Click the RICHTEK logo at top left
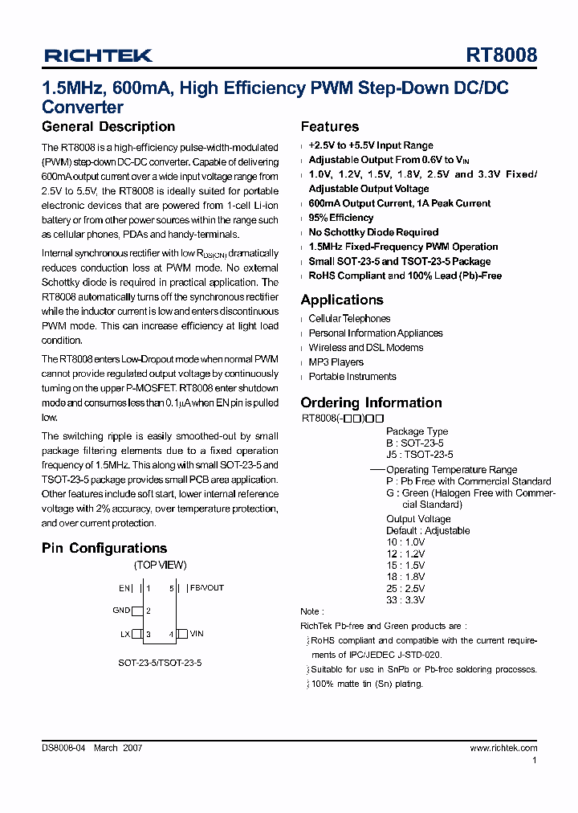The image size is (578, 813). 98,55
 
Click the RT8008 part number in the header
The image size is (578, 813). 502,55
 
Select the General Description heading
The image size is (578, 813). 108,127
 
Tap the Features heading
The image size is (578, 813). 329,127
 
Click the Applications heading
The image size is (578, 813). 342,300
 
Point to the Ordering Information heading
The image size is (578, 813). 371,402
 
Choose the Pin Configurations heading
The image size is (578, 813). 104,548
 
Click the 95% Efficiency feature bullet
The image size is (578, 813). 340,218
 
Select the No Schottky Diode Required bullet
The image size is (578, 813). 373,232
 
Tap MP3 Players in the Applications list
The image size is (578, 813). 336,362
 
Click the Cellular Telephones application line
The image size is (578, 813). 349,319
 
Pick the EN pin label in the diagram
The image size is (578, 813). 124,588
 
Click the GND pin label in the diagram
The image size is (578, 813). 121,611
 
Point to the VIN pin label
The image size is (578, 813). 197,634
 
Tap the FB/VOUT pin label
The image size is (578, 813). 207,588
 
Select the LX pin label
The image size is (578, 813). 124,634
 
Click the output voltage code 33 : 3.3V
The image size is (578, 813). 405,599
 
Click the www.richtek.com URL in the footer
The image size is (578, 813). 503,747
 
